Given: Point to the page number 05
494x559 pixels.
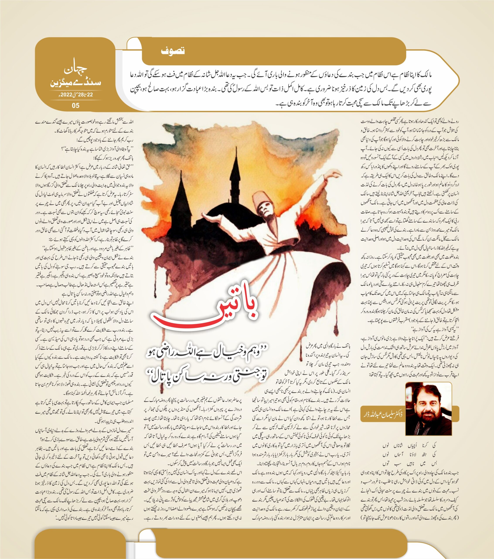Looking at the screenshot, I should [76, 105].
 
